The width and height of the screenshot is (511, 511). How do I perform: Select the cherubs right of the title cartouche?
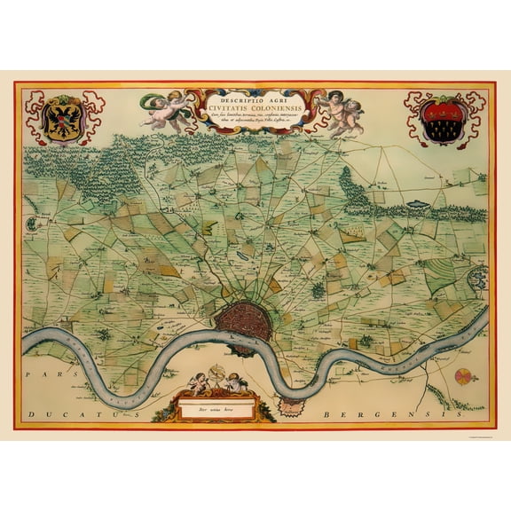[339, 112]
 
